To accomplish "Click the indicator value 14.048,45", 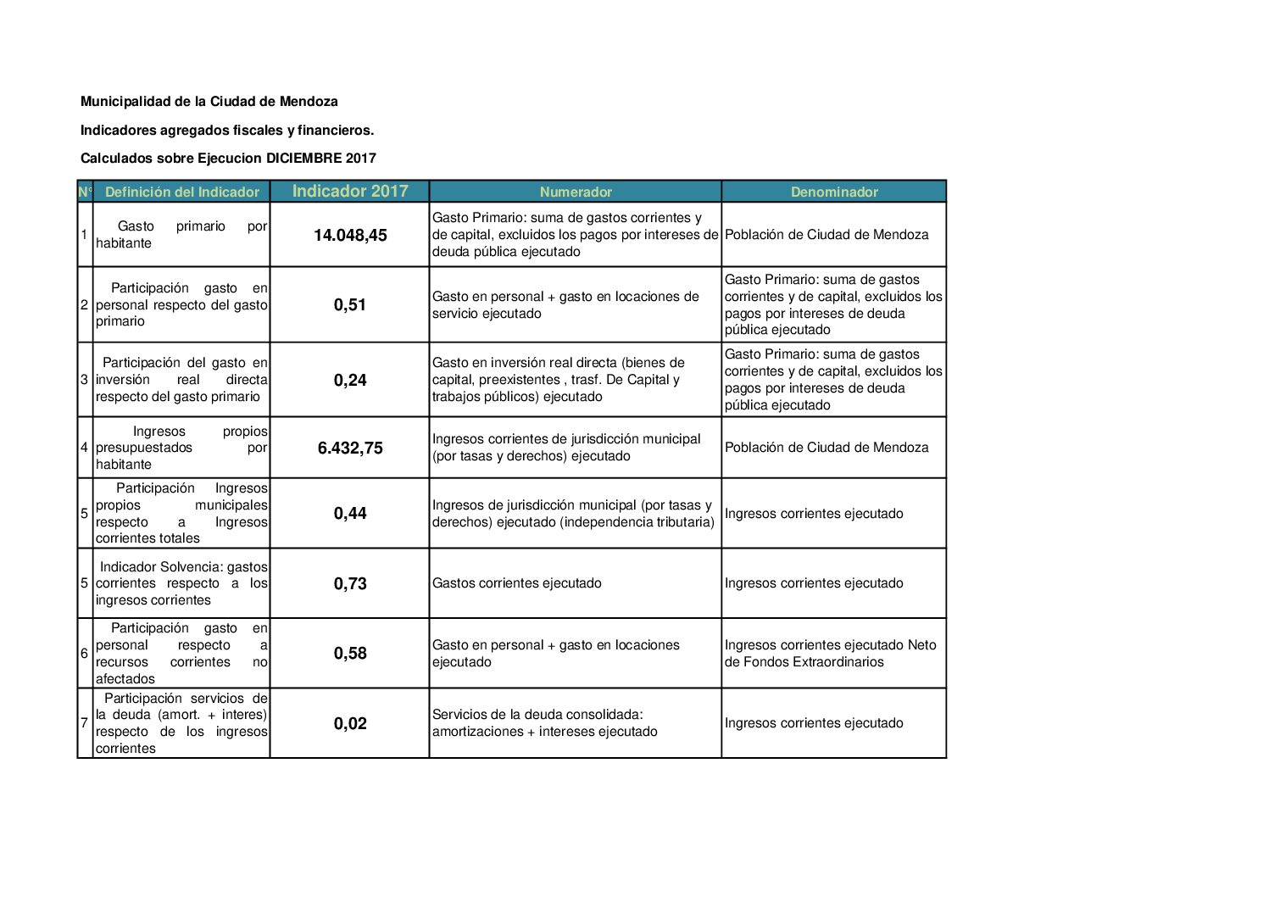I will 350,235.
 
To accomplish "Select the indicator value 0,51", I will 350,304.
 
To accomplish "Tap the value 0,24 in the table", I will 350,380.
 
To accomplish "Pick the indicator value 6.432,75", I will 350,448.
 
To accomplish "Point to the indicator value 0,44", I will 350,513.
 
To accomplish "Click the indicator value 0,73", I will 350,583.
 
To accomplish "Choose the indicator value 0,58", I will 350,653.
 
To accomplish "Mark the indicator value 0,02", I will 350,723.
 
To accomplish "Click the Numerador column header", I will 576,192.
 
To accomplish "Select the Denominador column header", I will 834,192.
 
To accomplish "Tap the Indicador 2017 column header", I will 350,191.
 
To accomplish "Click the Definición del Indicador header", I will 182,192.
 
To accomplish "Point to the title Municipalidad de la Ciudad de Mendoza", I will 209,102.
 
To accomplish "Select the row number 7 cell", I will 84,723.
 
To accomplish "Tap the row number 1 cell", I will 84,235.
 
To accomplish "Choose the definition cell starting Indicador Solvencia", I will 181,583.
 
